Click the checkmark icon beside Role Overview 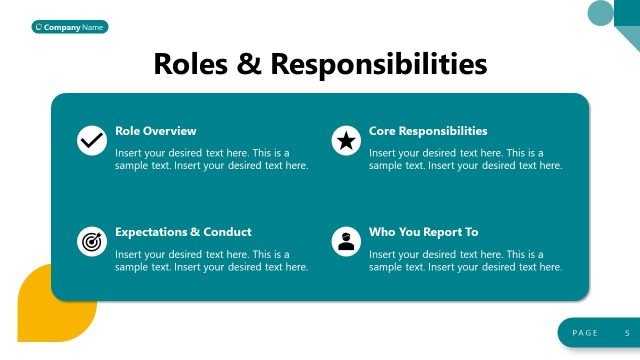point(91,140)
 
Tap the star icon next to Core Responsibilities point(346,140)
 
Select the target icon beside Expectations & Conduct point(91,241)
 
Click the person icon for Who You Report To point(346,241)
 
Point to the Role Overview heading point(156,131)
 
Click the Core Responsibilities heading point(428,131)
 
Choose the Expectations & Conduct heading point(183,232)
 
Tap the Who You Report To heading point(424,232)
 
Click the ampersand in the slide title point(250,64)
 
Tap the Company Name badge point(70,27)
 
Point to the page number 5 point(627,332)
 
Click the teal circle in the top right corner point(600,12)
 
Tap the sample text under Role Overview point(212,159)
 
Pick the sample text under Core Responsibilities point(466,159)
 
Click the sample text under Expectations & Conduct point(212,260)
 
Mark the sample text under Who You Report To point(466,260)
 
